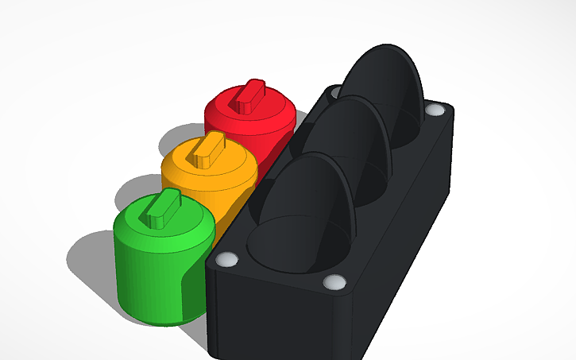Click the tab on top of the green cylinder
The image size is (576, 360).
[x=162, y=210]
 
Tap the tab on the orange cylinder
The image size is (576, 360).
[x=211, y=150]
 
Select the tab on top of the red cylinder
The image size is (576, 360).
[x=253, y=96]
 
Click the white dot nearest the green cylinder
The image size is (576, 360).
[x=226, y=260]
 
